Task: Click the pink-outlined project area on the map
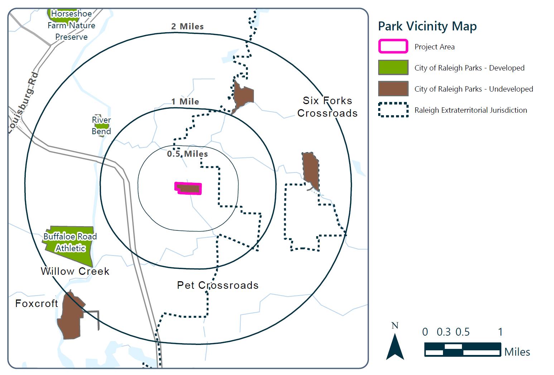click(x=188, y=188)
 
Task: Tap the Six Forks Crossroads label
click(x=327, y=107)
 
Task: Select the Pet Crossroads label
click(x=218, y=285)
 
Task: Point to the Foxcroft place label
click(x=37, y=303)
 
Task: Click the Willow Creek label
click(x=75, y=271)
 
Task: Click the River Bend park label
click(x=101, y=126)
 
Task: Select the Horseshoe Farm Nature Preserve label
click(x=71, y=25)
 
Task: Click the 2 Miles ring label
click(x=187, y=26)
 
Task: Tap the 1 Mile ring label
click(x=185, y=102)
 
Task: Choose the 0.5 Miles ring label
click(x=187, y=154)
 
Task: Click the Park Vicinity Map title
click(x=427, y=26)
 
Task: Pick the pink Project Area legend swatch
click(x=393, y=47)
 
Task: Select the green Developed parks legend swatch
click(x=393, y=68)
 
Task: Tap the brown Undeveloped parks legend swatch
click(x=393, y=89)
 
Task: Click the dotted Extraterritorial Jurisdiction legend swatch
click(x=393, y=110)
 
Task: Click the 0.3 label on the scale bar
click(x=443, y=332)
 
